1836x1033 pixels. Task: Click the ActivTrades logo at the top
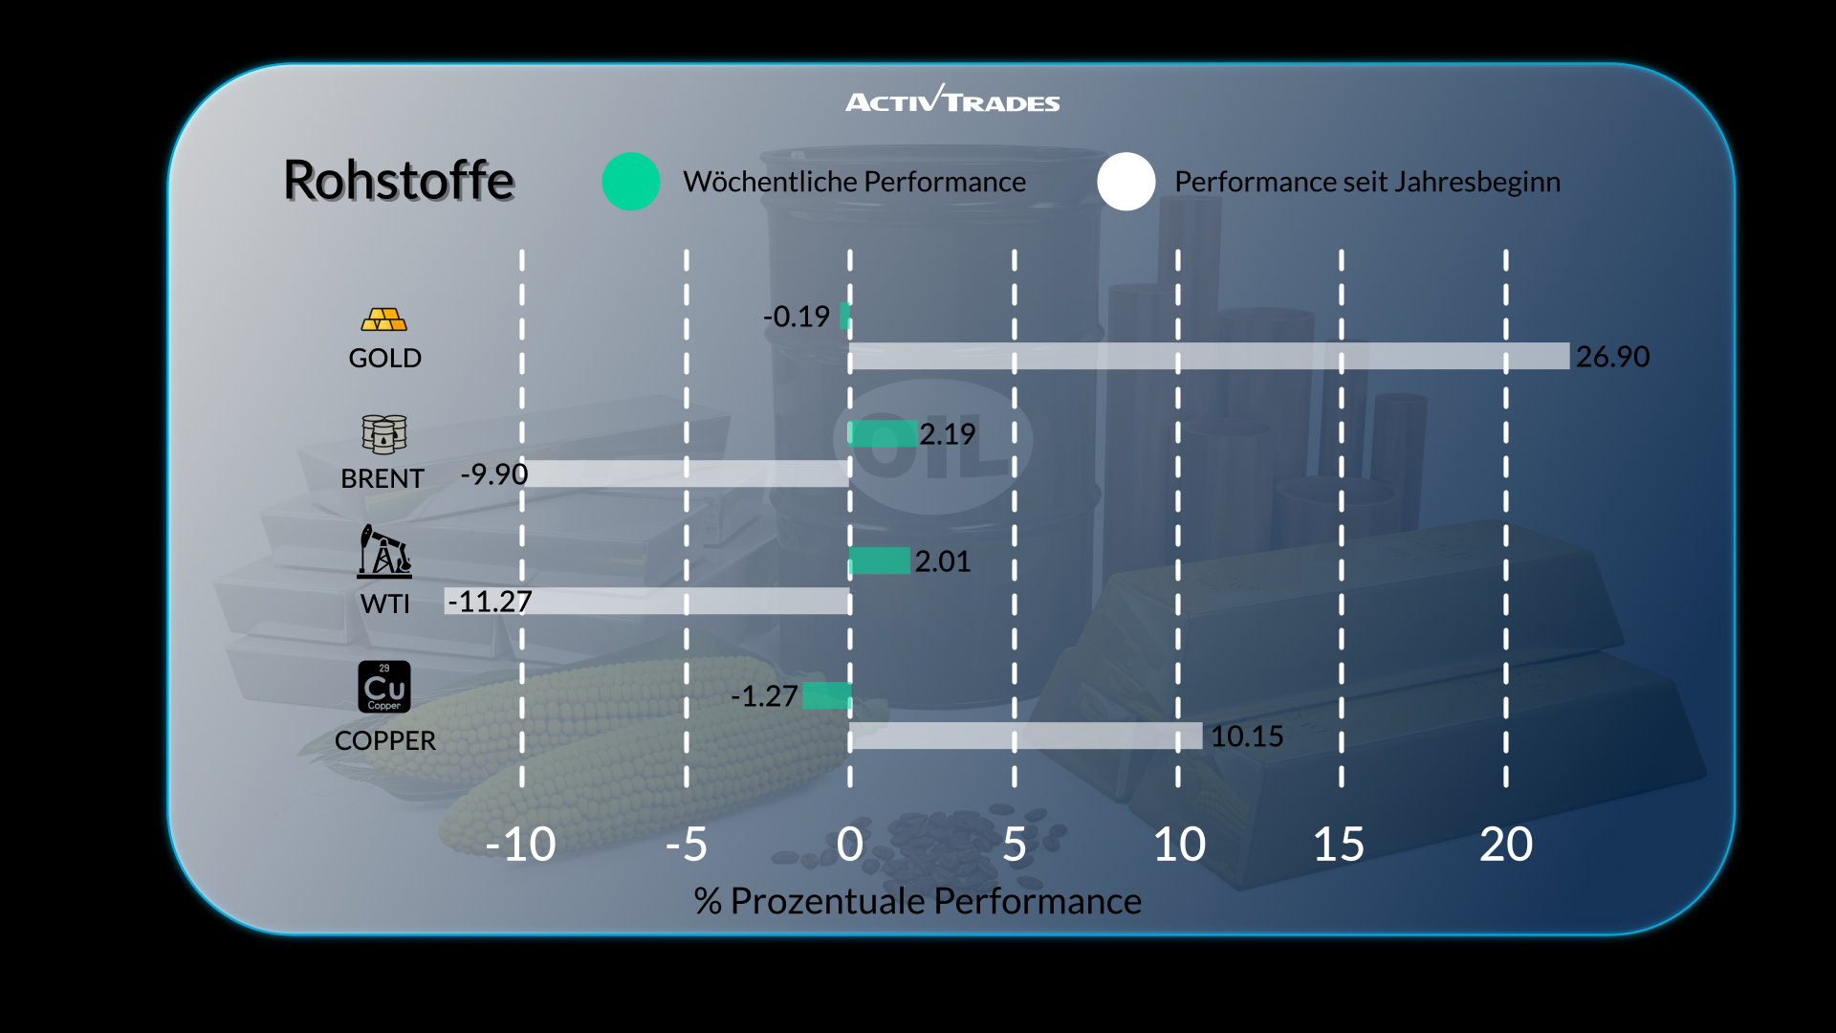click(x=952, y=100)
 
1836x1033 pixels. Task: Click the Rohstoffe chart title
click(x=399, y=180)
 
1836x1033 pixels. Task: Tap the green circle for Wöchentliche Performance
click(x=631, y=182)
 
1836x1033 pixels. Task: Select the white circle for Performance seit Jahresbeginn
click(x=1126, y=182)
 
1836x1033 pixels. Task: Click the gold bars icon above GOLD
click(x=384, y=319)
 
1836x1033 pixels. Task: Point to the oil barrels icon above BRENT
click(x=384, y=434)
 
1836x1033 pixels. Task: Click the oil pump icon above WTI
click(x=384, y=552)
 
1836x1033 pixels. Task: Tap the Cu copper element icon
click(x=384, y=687)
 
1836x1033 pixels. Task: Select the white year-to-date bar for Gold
click(x=1209, y=356)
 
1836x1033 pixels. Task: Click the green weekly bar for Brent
click(x=883, y=433)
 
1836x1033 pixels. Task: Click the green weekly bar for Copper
click(x=826, y=695)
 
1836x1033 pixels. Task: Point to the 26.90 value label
click(x=1612, y=357)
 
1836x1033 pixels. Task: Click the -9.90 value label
click(x=494, y=474)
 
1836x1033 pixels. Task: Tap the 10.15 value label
click(x=1247, y=736)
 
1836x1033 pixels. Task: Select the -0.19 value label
click(x=797, y=317)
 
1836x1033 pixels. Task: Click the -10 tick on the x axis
click(x=521, y=845)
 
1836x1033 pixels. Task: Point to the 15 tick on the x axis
click(x=1339, y=845)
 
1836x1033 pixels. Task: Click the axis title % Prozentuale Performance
click(x=917, y=901)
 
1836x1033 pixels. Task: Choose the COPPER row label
click(x=384, y=740)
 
